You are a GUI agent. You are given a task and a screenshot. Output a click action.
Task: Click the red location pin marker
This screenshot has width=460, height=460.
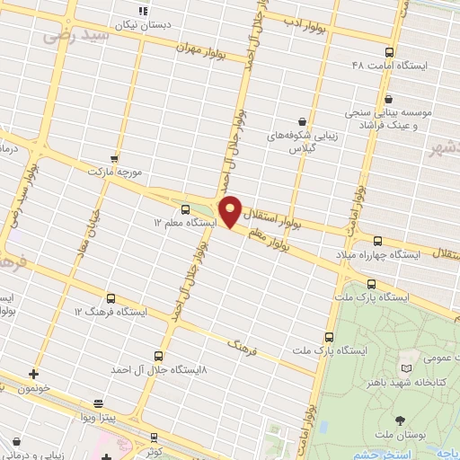[231, 211]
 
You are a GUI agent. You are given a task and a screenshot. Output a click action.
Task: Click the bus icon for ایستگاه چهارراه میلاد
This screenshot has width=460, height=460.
[377, 240]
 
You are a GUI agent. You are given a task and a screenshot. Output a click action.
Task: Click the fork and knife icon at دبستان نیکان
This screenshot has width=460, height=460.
[142, 12]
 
